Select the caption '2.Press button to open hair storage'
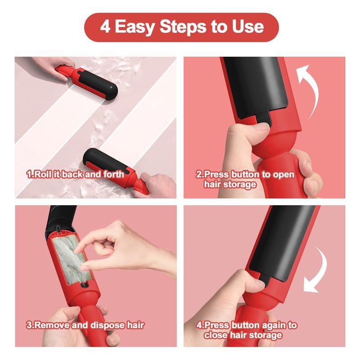click(245, 179)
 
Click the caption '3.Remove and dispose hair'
click(85, 324)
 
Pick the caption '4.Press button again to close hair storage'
click(246, 329)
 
